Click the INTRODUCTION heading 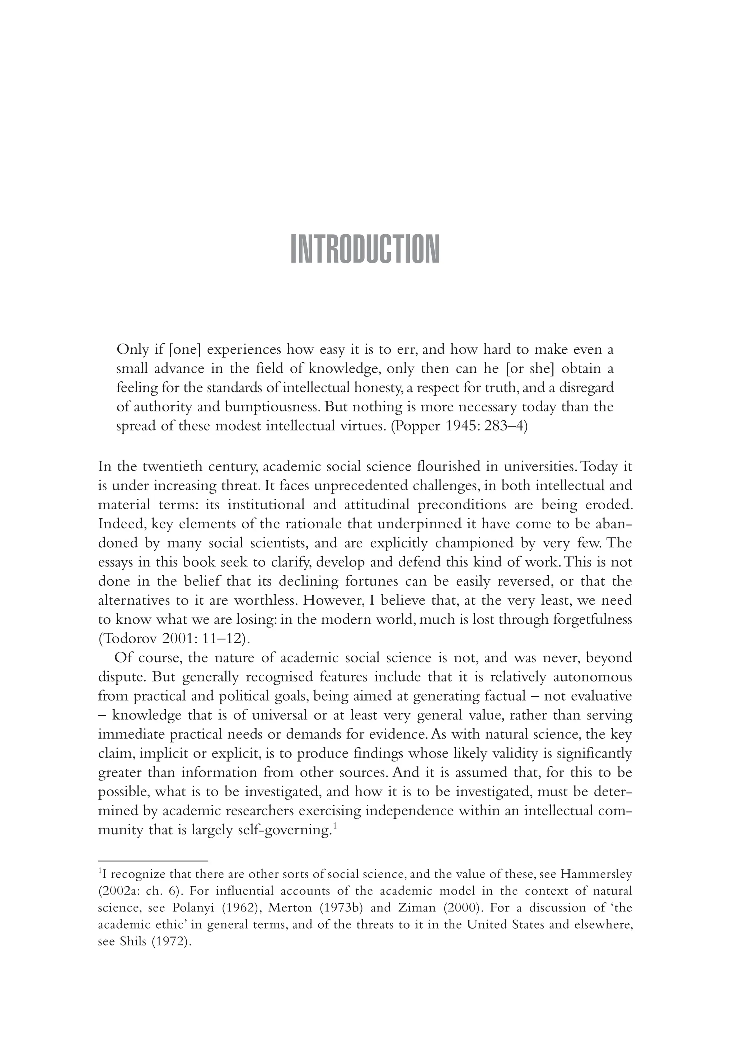click(x=365, y=249)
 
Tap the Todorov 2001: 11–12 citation click(x=174, y=639)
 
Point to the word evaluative click(x=602, y=696)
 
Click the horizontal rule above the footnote click(x=153, y=860)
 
